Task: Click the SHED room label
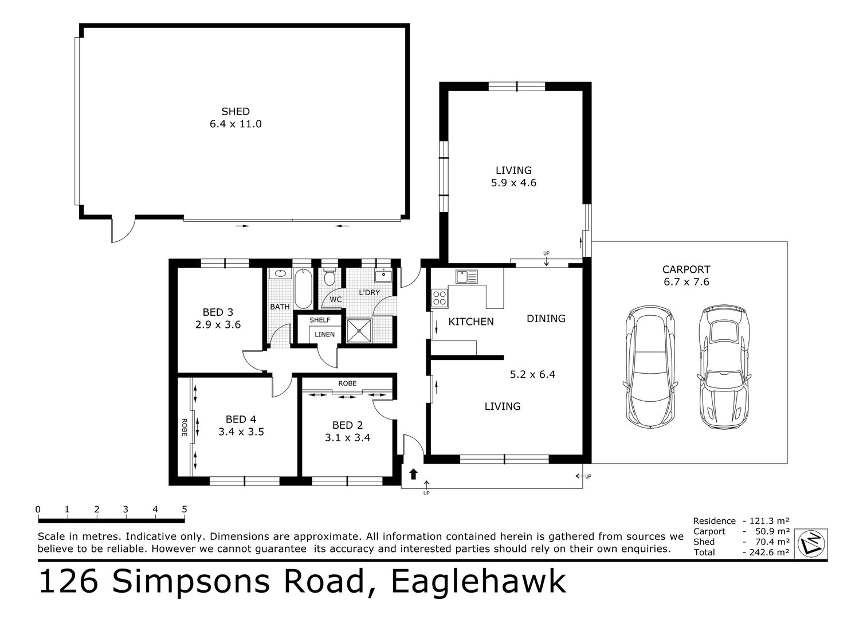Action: (236, 111)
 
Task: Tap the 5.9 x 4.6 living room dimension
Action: (513, 183)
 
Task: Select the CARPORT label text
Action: (686, 269)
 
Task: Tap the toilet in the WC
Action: (329, 277)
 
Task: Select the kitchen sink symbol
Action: (466, 277)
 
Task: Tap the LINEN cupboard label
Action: (324, 334)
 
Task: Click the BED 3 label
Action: (218, 312)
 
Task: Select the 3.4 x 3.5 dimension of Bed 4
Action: (241, 432)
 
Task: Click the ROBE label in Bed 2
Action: (347, 383)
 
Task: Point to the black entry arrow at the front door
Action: (413, 473)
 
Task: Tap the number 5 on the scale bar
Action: (185, 509)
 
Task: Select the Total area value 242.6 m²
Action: (766, 553)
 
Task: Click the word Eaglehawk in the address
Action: (478, 582)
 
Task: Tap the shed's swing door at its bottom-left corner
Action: (121, 230)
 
